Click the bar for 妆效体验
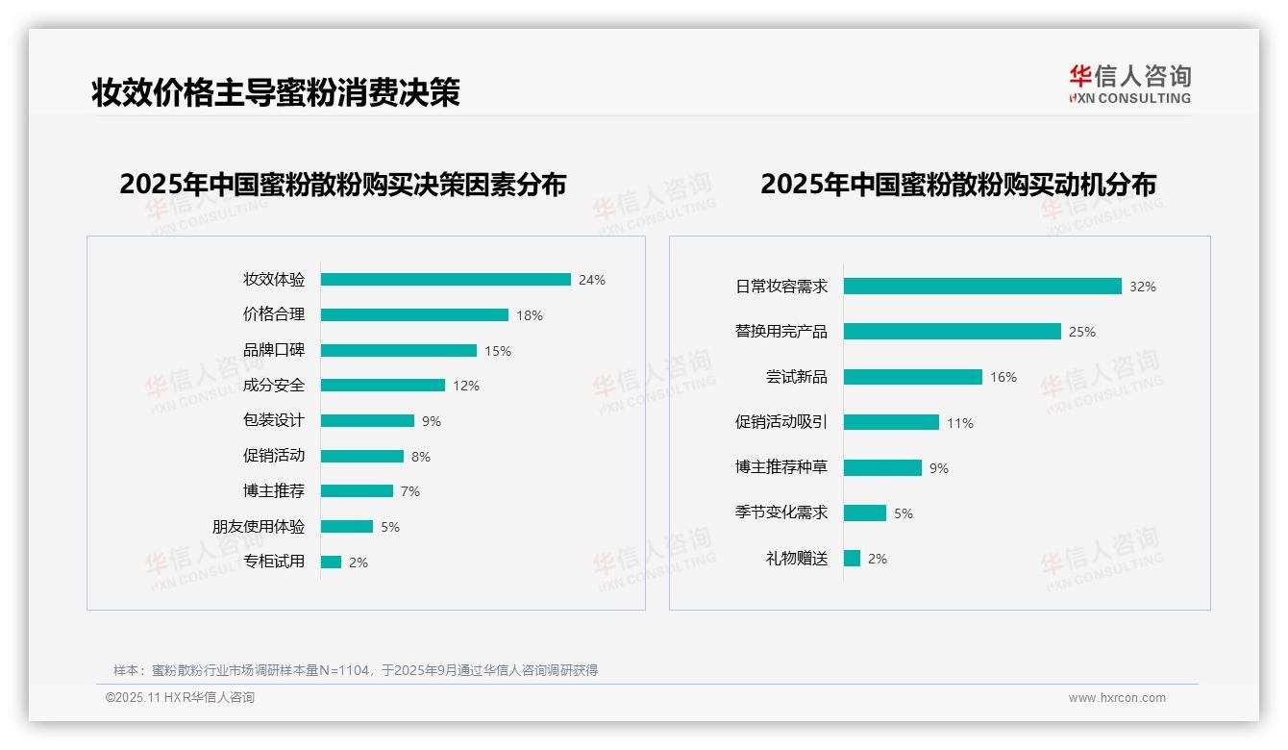[445, 280]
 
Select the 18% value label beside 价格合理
[530, 315]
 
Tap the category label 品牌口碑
[274, 350]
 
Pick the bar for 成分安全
[383, 386]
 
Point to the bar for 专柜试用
[331, 562]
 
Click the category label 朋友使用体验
[259, 526]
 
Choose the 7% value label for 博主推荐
[410, 491]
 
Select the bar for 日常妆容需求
[982, 287]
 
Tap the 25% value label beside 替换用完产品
[1082, 332]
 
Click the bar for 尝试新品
[913, 377]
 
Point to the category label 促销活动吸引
[781, 422]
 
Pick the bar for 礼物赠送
[852, 559]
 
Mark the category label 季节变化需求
[781, 512]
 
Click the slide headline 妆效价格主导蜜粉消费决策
[276, 92]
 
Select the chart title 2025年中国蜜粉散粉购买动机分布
[958, 184]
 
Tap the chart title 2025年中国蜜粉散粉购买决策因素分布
[343, 184]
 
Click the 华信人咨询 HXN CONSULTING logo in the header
[1129, 84]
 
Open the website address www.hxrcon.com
[1117, 698]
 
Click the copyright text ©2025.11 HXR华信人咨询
[180, 698]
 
